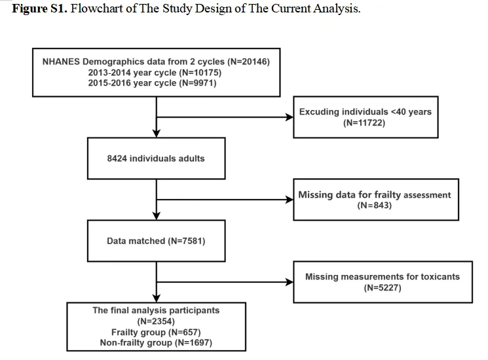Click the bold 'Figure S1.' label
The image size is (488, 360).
39,9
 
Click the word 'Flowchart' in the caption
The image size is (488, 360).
97,9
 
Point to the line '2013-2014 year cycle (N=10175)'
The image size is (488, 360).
155,73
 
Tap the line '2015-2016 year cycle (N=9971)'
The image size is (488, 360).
152,83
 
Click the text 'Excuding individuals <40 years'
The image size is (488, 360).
366,112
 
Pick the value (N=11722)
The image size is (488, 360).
364,122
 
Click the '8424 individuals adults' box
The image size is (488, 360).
157,158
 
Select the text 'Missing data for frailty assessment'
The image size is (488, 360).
375,195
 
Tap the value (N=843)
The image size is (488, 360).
375,205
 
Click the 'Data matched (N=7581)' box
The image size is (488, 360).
157,241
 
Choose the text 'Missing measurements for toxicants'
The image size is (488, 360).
383,277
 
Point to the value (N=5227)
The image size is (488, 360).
383,287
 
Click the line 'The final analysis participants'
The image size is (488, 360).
156,310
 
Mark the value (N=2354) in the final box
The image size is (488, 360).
156,321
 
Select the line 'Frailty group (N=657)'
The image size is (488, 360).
156,332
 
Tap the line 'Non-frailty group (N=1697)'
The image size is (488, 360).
156,342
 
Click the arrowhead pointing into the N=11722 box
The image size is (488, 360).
290,117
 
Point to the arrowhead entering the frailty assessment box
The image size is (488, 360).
290,200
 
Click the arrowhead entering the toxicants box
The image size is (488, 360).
290,282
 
